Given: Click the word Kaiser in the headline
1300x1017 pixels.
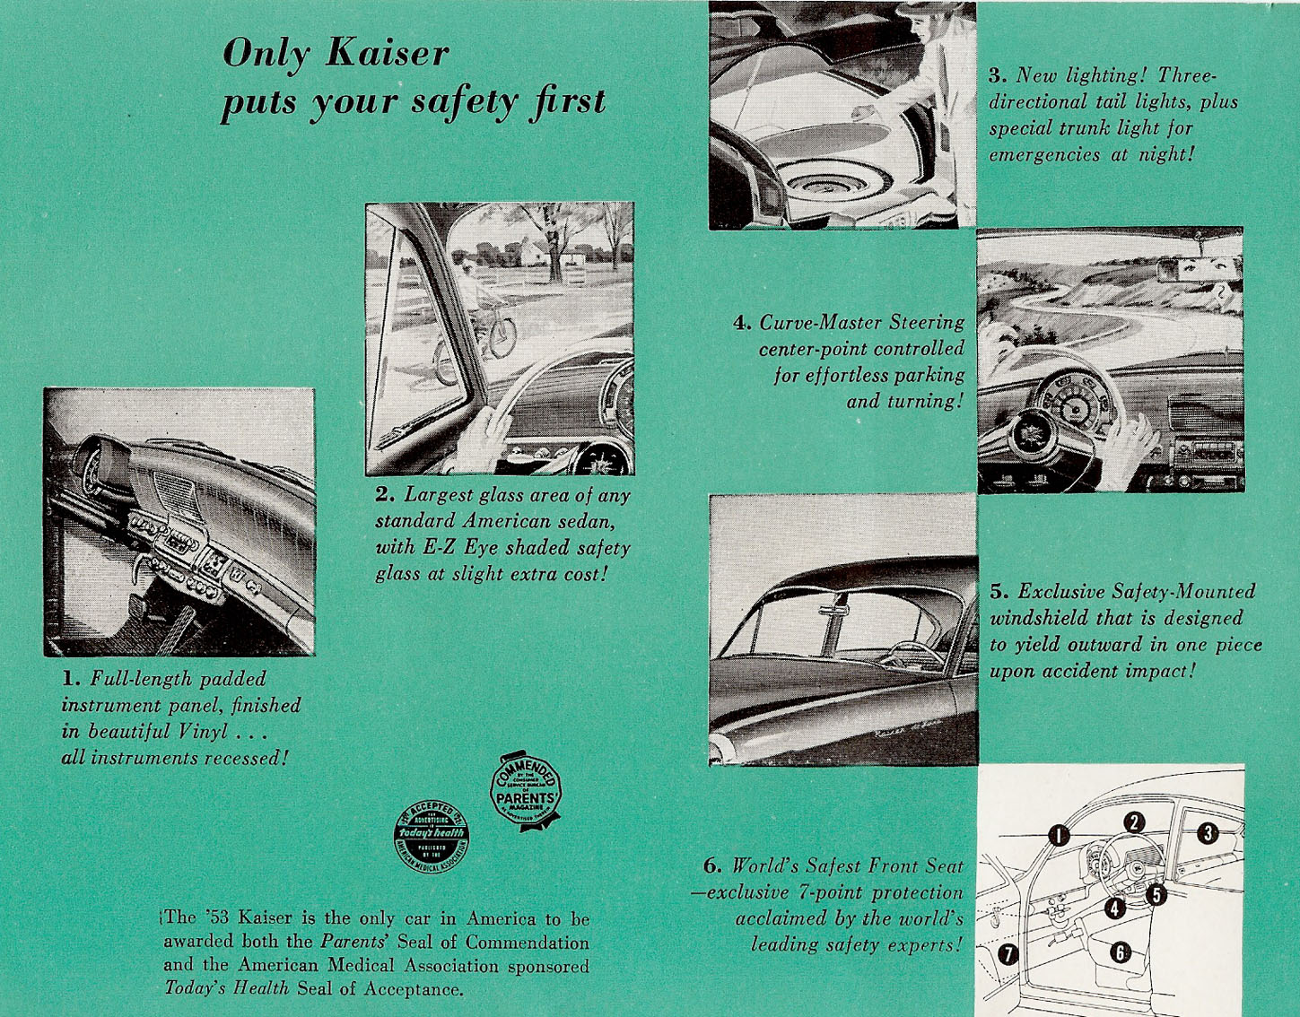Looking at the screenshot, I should [387, 53].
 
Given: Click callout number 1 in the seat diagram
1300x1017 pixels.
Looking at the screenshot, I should [1059, 835].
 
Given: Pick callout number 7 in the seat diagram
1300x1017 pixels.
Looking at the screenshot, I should [1008, 954].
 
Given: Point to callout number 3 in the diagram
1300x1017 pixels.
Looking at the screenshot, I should [1208, 832].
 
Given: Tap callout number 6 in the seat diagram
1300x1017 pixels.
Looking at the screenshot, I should [1120, 952].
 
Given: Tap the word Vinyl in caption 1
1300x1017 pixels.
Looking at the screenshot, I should [203, 731].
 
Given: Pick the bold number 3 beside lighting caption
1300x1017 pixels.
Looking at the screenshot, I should [996, 76].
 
